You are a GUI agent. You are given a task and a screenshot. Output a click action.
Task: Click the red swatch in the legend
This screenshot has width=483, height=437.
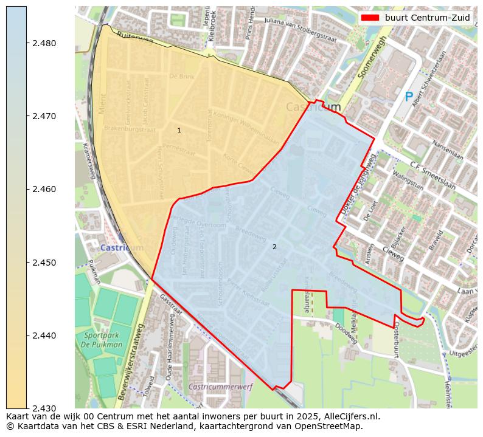(x=370, y=18)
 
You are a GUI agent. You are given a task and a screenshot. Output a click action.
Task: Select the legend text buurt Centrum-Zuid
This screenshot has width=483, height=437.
(x=427, y=18)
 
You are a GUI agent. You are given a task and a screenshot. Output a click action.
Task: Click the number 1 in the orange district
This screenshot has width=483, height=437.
(x=179, y=130)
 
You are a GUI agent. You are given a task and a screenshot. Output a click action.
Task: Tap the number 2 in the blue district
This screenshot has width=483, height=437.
(x=274, y=247)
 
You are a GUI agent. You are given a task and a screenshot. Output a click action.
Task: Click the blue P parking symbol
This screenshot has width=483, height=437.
(x=409, y=97)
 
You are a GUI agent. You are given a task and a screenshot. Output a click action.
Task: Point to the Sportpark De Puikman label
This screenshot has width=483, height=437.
(x=103, y=340)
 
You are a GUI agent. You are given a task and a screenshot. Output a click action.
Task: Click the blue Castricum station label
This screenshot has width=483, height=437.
(x=122, y=248)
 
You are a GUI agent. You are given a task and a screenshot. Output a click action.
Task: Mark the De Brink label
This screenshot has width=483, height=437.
(x=181, y=77)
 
